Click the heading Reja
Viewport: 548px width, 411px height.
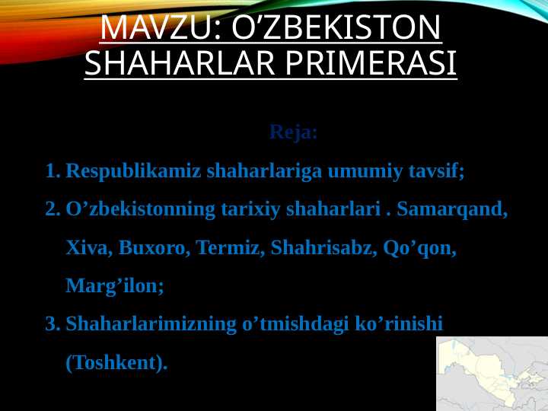coord(293,132)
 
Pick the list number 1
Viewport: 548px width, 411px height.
coord(52,170)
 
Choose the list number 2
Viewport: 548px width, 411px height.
coord(52,209)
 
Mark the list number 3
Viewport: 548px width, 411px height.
coord(52,324)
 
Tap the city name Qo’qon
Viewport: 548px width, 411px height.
coord(419,247)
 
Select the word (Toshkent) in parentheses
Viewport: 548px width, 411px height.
coord(116,363)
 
